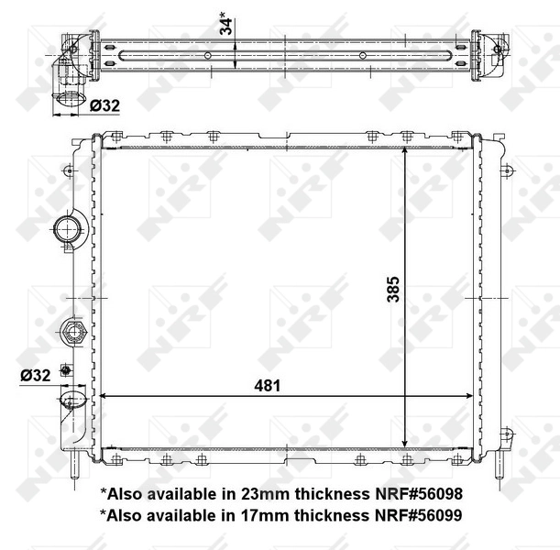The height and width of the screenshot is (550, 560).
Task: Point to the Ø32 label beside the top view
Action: (105, 106)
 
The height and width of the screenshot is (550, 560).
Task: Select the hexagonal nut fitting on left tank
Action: (72, 331)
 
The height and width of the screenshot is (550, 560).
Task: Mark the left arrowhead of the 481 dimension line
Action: (104, 397)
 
